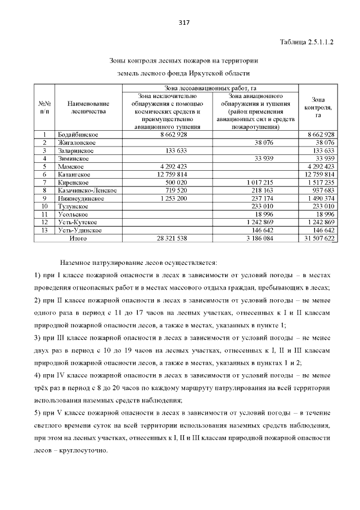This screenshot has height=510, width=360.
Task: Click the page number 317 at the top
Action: click(183, 23)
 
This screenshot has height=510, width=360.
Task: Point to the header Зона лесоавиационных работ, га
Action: click(211, 88)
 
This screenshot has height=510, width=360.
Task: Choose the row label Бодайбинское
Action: click(78, 135)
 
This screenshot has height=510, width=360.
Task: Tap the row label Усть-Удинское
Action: click(79, 230)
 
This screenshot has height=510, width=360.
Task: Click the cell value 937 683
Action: click(322, 190)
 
